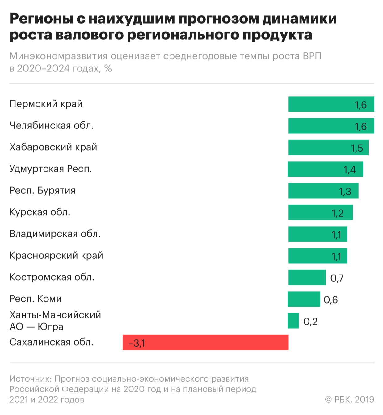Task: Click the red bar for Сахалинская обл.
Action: pos(205,342)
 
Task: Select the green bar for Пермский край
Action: pos(331,104)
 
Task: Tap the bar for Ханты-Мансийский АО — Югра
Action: pos(293,321)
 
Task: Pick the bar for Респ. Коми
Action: pos(304,299)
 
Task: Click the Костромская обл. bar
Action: pos(307,277)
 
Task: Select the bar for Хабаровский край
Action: pos(328,147)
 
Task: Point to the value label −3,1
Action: pos(137,343)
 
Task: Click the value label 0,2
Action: pos(310,322)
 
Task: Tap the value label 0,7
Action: pos(337,278)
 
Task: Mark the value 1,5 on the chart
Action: pos(357,148)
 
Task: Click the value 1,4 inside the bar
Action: pos(350,170)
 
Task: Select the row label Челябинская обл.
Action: pos(52,126)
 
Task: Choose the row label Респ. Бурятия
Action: pos(42,191)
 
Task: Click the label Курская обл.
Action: pos(40,212)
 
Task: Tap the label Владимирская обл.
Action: pos(55,234)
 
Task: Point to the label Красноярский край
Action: pos(56,256)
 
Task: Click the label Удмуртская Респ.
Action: pos(51,169)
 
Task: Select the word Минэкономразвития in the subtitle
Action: pos(59,56)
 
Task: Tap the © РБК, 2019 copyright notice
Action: pos(349,400)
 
